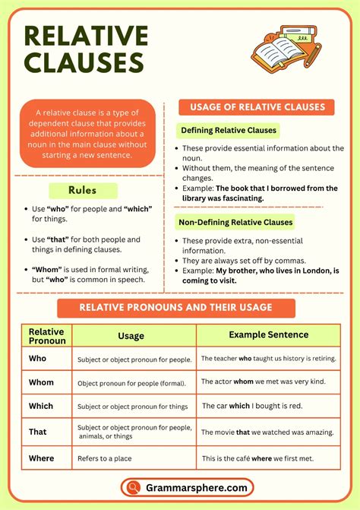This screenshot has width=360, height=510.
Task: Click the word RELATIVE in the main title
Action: (86, 36)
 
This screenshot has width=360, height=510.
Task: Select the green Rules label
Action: (83, 191)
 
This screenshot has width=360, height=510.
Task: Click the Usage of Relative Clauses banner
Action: (257, 107)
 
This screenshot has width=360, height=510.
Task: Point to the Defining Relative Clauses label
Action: (227, 130)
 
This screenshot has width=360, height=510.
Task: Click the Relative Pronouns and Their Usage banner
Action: (176, 308)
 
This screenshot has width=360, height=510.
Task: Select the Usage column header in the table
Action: (131, 335)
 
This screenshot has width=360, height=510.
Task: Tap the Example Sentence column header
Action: (268, 334)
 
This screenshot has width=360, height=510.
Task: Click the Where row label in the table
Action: (43, 458)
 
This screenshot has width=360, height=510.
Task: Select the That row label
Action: (38, 432)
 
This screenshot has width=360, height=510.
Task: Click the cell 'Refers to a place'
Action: (109, 458)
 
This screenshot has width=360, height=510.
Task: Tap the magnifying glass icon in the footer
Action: (134, 487)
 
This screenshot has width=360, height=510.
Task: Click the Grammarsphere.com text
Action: (197, 488)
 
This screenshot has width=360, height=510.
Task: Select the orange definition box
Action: (88, 134)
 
